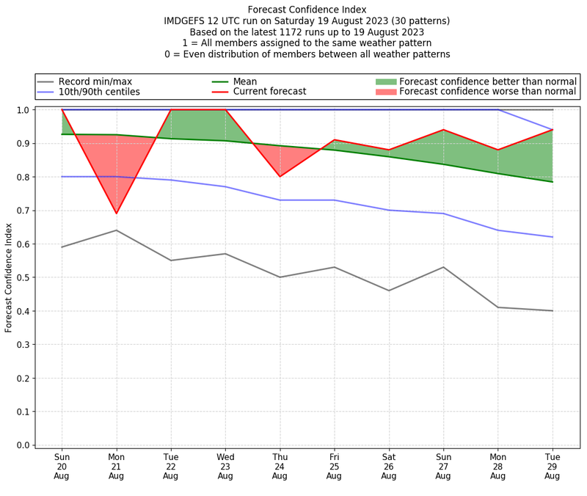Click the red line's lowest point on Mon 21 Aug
pyautogui.click(x=116, y=214)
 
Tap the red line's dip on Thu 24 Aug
pyautogui.click(x=280, y=176)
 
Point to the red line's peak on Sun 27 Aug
pyautogui.click(x=443, y=130)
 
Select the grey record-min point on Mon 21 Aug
pyautogui.click(x=116, y=230)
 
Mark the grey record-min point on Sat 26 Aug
pyautogui.click(x=389, y=291)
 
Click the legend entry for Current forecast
pyautogui.click(x=269, y=92)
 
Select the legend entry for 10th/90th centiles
pyautogui.click(x=99, y=92)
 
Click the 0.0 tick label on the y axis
pyautogui.click(x=23, y=445)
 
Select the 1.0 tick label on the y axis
pyautogui.click(x=23, y=110)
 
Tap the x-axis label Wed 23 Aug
pyautogui.click(x=225, y=465)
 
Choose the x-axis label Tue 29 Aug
pyautogui.click(x=553, y=465)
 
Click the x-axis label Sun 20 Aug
pyautogui.click(x=62, y=465)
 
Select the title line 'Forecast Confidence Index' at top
pyautogui.click(x=307, y=10)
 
